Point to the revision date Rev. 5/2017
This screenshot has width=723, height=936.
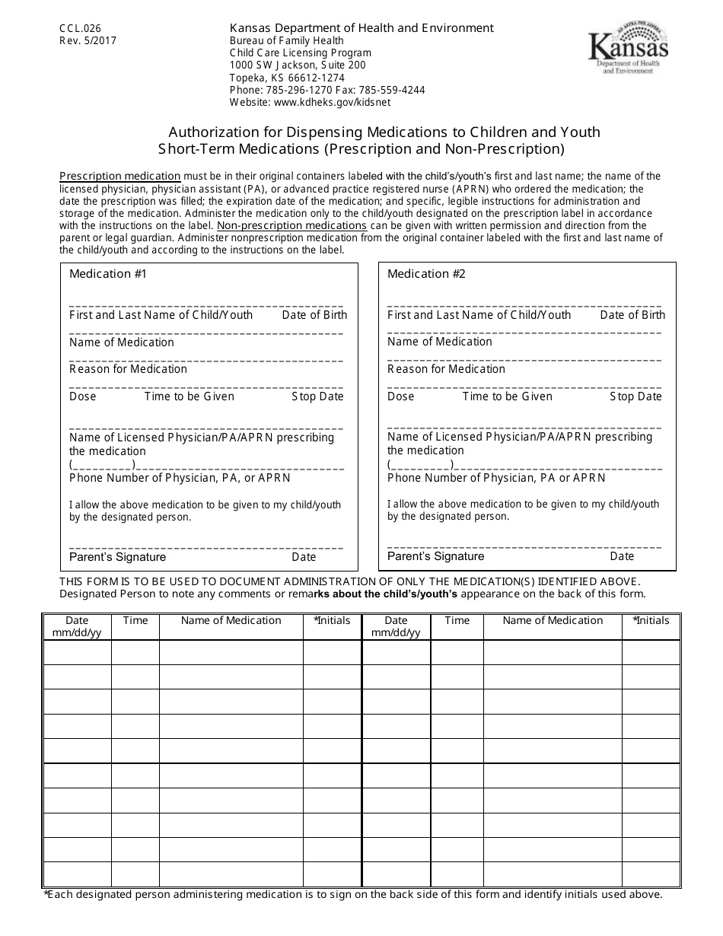(x=88, y=41)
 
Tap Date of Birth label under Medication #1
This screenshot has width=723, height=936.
(x=314, y=315)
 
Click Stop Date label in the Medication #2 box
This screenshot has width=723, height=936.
(x=635, y=396)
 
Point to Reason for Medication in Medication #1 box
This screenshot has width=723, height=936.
(x=128, y=369)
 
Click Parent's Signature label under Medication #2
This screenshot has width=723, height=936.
(x=435, y=556)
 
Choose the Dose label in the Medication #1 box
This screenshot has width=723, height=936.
(x=83, y=396)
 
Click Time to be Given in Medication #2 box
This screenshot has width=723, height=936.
(x=508, y=396)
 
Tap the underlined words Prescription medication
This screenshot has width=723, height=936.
(x=120, y=177)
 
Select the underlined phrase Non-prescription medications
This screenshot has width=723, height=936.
(x=292, y=225)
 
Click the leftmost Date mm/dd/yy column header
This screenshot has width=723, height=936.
(x=77, y=626)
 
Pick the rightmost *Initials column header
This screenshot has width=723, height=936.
(x=651, y=621)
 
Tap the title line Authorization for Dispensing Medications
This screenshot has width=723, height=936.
(x=384, y=132)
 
